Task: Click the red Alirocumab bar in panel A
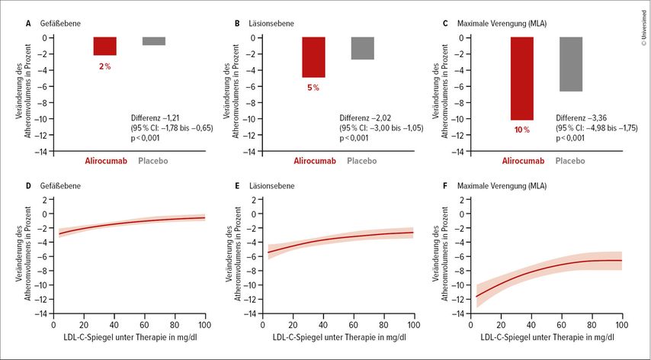coord(104,46)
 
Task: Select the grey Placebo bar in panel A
coord(153,41)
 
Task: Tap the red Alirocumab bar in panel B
coord(313,57)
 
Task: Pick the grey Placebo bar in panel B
coord(362,48)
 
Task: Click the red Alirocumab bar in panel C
coord(521,79)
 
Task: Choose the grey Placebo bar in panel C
coord(570,64)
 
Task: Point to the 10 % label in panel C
coord(521,130)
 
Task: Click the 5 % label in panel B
coord(313,88)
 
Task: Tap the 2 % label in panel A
coord(104,66)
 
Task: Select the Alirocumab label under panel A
coord(104,162)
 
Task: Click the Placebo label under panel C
coord(570,162)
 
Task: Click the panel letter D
coord(28,185)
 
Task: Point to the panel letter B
coord(237,24)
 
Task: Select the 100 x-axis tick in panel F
coord(621,323)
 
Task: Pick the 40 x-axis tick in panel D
coord(114,323)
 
